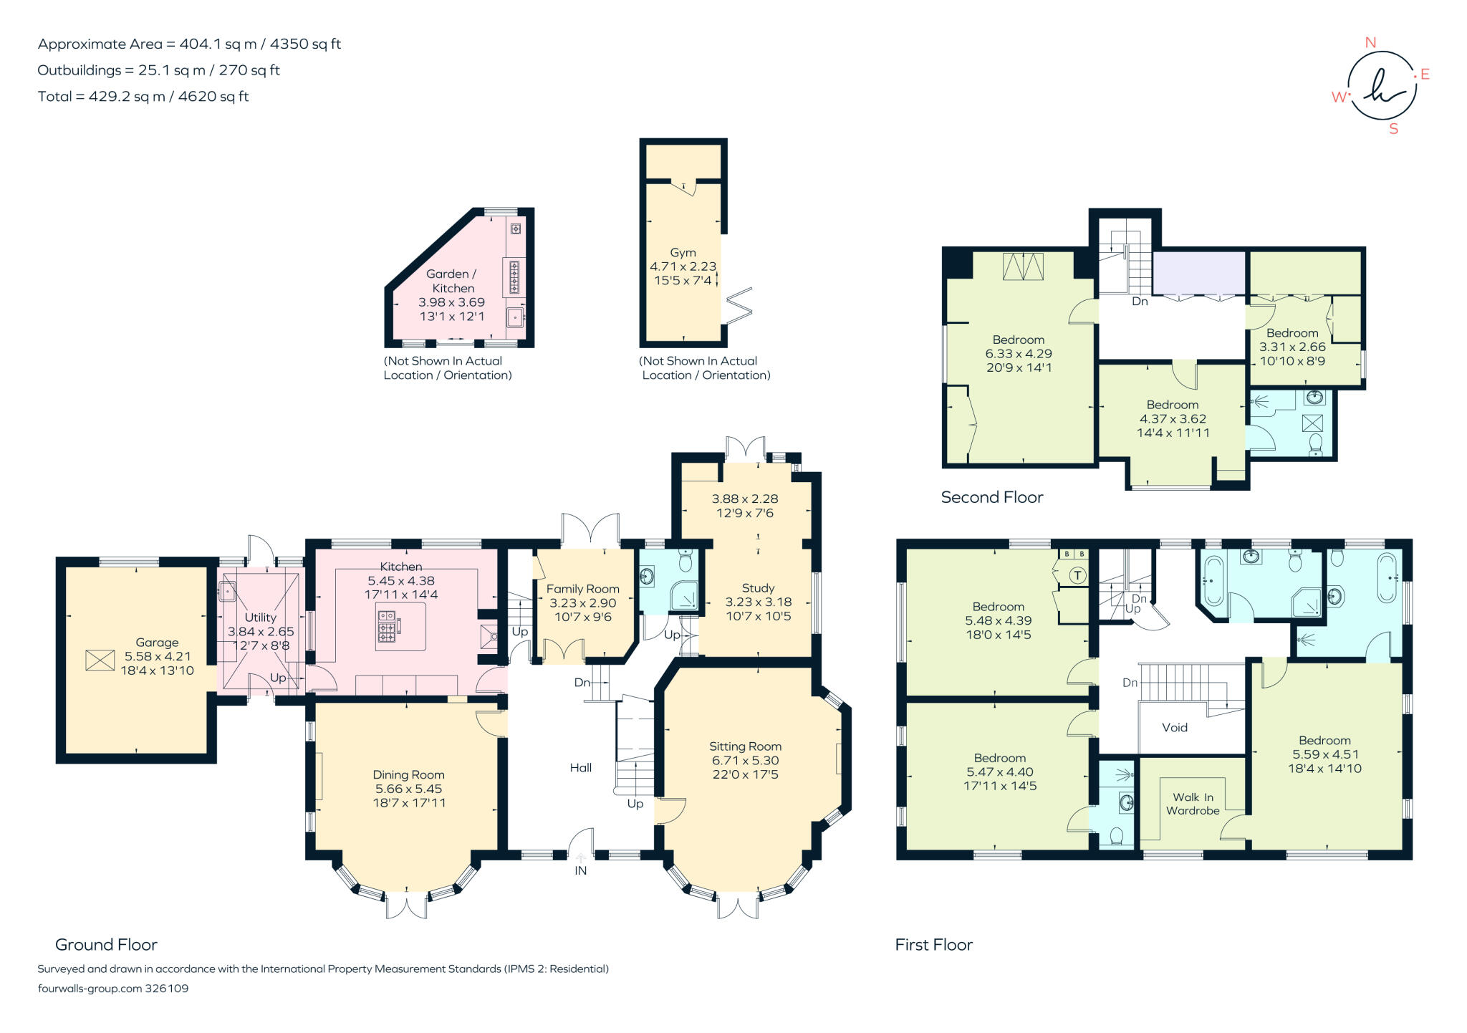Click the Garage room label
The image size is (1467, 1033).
157,643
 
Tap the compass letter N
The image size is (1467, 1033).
1370,43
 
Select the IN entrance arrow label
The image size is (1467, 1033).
580,870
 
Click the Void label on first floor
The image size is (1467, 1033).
1175,727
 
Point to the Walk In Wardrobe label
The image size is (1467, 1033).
1193,804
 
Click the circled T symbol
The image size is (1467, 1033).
1077,575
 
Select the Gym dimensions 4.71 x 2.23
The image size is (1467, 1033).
683,266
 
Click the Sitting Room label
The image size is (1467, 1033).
745,746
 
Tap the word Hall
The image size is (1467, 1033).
581,768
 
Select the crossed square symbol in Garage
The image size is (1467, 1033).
100,660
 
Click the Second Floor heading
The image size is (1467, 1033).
991,497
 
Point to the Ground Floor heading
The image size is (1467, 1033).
106,944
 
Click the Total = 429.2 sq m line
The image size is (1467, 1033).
143,97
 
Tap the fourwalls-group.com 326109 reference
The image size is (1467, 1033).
113,989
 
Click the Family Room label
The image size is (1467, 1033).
582,589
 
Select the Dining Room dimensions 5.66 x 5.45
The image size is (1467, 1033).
409,789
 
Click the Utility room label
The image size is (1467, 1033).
260,618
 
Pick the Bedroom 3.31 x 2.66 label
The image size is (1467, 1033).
1292,333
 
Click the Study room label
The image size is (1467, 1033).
758,588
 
